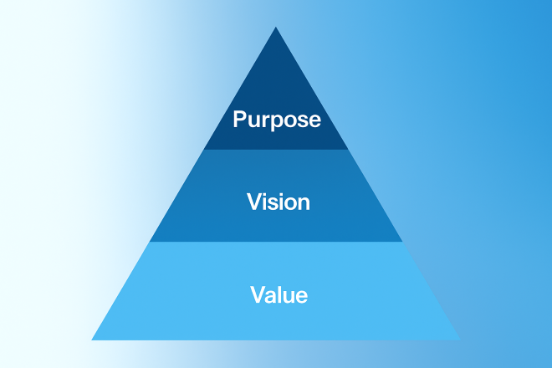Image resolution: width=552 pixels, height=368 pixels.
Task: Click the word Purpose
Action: click(x=276, y=120)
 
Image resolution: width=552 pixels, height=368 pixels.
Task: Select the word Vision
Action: click(x=279, y=202)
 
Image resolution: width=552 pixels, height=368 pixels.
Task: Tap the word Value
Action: click(x=279, y=294)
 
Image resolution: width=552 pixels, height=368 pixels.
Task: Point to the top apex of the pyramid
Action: click(x=276, y=27)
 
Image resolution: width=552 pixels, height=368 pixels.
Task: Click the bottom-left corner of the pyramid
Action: click(x=91, y=340)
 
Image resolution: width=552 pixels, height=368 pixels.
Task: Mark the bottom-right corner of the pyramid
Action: click(x=460, y=340)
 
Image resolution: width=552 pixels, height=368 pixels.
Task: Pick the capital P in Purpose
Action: click(x=239, y=119)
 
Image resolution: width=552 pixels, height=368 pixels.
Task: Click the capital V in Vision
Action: click(x=253, y=202)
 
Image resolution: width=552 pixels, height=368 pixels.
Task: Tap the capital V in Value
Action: click(x=256, y=294)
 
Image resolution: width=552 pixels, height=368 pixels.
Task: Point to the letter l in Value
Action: click(x=279, y=294)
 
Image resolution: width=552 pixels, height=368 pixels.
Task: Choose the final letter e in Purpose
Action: click(x=314, y=120)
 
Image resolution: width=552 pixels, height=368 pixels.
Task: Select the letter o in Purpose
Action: click(x=286, y=120)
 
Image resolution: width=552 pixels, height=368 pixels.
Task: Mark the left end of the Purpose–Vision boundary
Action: click(x=204, y=150)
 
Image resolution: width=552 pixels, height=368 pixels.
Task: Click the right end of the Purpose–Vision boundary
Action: click(x=348, y=150)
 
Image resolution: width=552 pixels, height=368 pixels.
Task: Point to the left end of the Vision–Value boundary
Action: click(x=150, y=242)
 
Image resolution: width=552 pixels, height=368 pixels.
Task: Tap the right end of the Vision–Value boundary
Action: click(x=402, y=242)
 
